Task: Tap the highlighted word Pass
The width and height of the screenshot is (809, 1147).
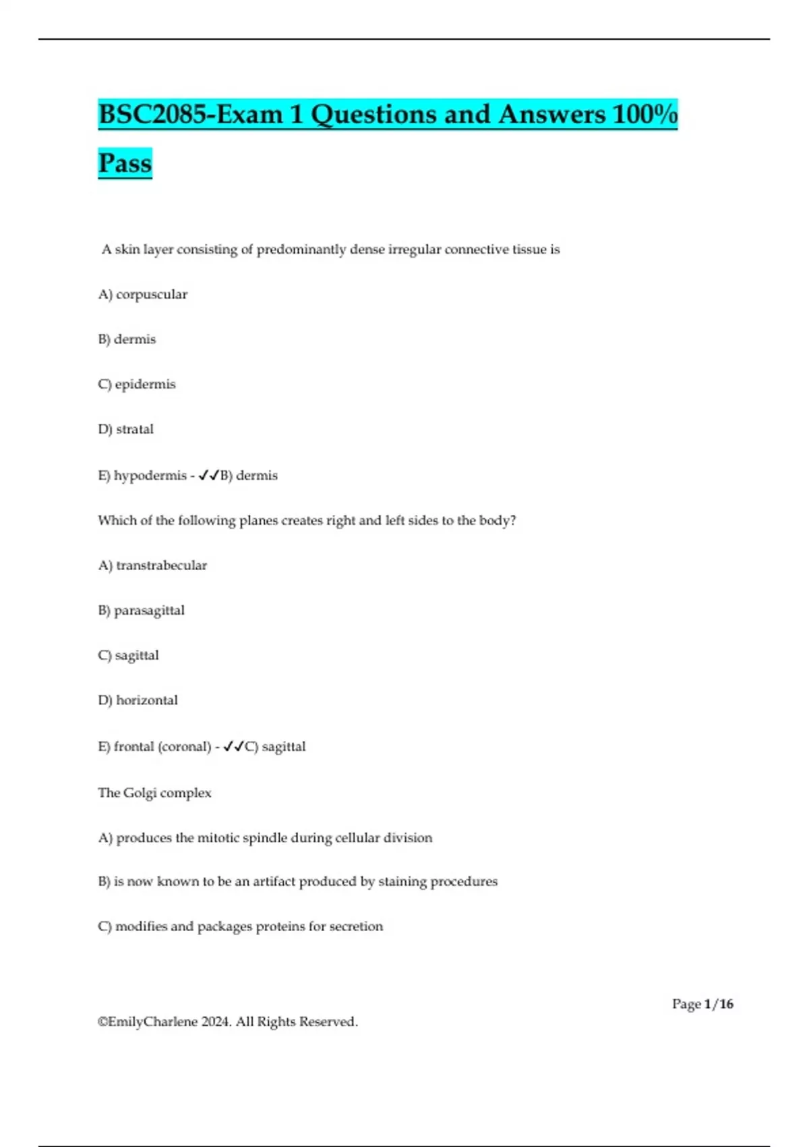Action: (125, 163)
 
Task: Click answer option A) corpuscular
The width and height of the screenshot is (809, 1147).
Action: (143, 294)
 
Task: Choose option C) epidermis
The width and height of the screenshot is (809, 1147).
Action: (137, 384)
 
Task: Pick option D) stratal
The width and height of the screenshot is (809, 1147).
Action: (126, 429)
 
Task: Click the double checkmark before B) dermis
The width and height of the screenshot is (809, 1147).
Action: (209, 476)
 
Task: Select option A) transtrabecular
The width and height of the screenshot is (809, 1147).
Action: (152, 565)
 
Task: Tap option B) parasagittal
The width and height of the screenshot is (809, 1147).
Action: (141, 611)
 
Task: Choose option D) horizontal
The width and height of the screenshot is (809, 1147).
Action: (138, 700)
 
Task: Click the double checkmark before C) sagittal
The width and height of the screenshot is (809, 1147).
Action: (233, 746)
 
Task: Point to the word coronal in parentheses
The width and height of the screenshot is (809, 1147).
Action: (184, 747)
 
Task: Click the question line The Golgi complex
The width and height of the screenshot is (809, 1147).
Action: (154, 793)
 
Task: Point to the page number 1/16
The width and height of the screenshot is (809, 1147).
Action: (718, 1004)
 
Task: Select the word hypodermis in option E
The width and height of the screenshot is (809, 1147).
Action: (150, 476)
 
